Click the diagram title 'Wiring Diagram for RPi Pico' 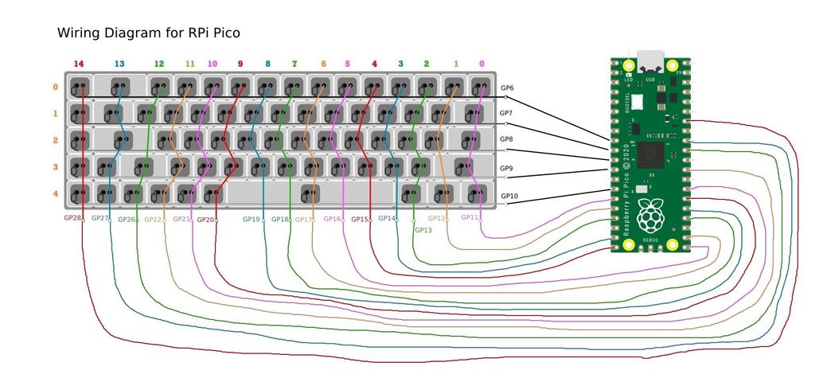click(149, 33)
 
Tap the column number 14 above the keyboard click(78, 64)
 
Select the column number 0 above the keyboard click(482, 64)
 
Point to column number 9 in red click(240, 64)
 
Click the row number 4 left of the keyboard click(55, 193)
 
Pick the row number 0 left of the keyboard click(55, 88)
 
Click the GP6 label click(507, 88)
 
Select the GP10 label click(509, 196)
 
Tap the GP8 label click(506, 139)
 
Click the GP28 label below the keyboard click(72, 218)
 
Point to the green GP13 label click(423, 230)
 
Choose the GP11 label click(470, 217)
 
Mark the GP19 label click(251, 219)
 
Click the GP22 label click(153, 220)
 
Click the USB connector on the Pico click(651, 60)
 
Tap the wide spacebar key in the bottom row click(310, 193)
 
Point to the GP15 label click(360, 219)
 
